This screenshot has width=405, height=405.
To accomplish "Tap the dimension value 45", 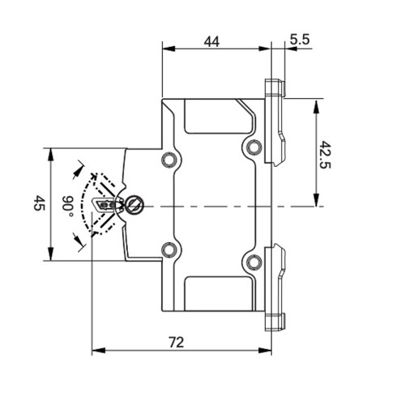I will (x=38, y=204).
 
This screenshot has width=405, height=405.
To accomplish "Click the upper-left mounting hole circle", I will (x=168, y=159).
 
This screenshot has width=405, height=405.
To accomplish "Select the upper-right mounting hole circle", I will (x=254, y=147).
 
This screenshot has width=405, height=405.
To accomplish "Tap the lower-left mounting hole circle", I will (x=168, y=249).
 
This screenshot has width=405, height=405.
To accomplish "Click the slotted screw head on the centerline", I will (x=135, y=205).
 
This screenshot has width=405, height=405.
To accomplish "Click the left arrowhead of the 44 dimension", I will (x=166, y=49).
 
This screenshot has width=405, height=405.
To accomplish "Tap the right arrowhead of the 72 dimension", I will (x=267, y=352).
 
